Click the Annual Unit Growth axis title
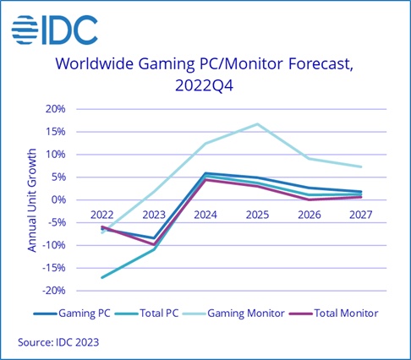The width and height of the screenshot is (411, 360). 32,199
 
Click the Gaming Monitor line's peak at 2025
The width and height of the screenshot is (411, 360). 258,124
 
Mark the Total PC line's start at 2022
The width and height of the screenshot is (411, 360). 103,277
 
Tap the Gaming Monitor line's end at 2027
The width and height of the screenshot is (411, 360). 361,166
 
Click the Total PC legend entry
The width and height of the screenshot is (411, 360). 158,313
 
